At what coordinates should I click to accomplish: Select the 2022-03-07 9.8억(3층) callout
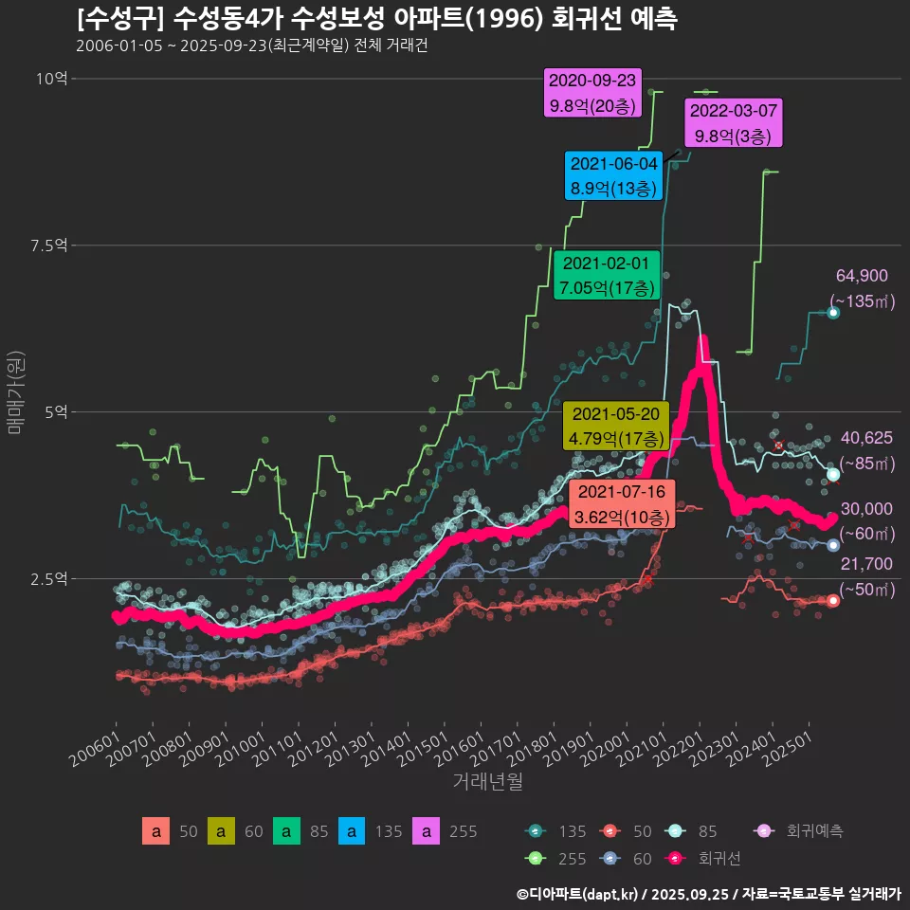coord(734,123)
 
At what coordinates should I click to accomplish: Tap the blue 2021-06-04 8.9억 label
coord(612,175)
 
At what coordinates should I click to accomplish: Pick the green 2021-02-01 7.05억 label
coord(606,275)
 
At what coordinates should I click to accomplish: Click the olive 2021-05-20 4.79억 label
coord(616,427)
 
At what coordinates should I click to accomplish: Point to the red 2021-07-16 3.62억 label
coord(622,504)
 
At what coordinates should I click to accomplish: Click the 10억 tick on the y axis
coord(51,79)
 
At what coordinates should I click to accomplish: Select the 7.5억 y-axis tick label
coord(48,246)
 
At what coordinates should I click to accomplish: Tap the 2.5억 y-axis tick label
coord(48,578)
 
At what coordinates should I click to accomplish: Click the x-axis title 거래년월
coord(487,781)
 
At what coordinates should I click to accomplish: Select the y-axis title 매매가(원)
coord(15,392)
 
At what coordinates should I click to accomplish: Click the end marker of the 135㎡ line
coord(833,313)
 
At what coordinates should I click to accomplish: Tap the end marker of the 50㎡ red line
coord(833,600)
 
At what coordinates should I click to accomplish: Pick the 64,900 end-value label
coord(862,276)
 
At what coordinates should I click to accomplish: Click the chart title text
coord(377,19)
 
